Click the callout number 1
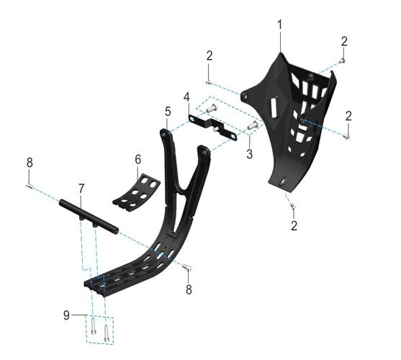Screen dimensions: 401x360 click(280, 25)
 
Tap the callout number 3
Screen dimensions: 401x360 click(249, 154)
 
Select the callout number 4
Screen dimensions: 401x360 click(186, 97)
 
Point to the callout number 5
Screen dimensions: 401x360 click(168, 112)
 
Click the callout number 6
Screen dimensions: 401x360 click(138, 160)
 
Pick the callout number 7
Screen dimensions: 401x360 click(81, 189)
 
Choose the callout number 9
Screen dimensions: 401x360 click(66, 315)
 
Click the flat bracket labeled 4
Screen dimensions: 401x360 click(213, 127)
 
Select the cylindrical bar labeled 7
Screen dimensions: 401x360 click(89, 216)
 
